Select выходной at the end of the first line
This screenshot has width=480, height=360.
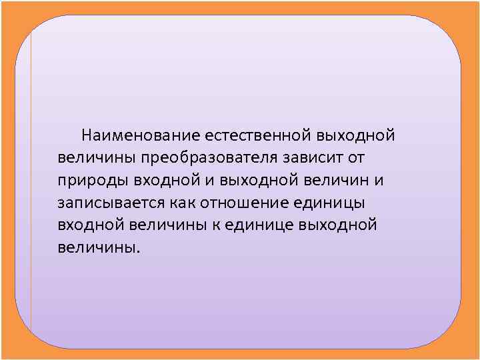pyautogui.click(x=357, y=136)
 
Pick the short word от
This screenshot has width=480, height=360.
pyautogui.click(x=357, y=159)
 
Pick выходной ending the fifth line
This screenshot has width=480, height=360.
pyautogui.click(x=339, y=225)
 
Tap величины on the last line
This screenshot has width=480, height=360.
pyautogui.click(x=97, y=247)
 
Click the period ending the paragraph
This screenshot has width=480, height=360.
pyautogui.click(x=139, y=252)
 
